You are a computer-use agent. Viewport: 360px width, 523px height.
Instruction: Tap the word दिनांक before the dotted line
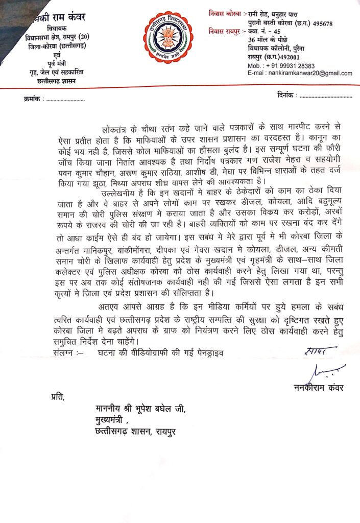pyautogui.click(x=284, y=96)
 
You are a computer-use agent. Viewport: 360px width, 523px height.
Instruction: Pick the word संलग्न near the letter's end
pyautogui.click(x=66, y=352)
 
